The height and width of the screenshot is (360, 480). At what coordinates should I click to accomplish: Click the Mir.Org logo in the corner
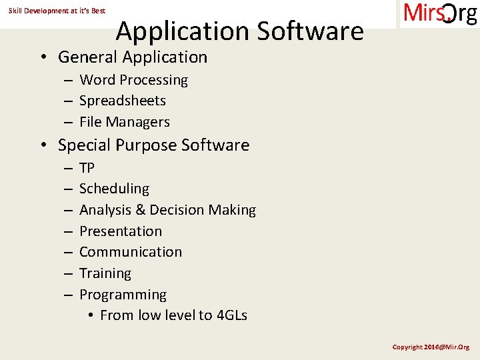tap(440, 13)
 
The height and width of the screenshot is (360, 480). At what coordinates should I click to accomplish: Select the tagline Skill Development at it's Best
tap(57, 11)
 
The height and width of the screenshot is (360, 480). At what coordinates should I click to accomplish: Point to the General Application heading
tap(133, 57)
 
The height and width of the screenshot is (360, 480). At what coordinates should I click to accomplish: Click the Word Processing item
tap(133, 80)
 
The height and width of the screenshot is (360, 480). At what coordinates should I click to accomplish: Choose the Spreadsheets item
tap(123, 101)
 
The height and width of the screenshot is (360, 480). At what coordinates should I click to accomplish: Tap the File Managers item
tap(125, 122)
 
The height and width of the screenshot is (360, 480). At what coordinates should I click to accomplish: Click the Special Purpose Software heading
tap(153, 145)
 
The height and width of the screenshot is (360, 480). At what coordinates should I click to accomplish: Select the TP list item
tap(87, 168)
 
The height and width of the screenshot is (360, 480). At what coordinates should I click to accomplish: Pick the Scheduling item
tap(114, 189)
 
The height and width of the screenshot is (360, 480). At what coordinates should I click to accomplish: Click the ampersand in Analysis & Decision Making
tap(140, 210)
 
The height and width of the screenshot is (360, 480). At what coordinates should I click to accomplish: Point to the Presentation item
tap(121, 231)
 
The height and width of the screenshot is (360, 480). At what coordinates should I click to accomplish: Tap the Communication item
tap(131, 252)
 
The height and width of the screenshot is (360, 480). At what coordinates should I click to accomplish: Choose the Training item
tap(105, 273)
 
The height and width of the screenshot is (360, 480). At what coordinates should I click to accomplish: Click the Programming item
tap(123, 295)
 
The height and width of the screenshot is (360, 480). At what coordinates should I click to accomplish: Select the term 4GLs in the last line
tap(232, 315)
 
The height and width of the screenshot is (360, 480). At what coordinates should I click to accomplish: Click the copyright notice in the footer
tap(431, 347)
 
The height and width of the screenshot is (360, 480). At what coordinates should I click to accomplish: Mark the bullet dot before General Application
tap(42, 58)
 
